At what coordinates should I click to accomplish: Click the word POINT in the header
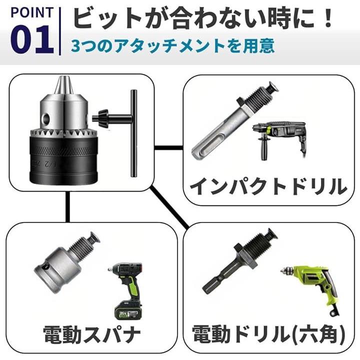[31, 12]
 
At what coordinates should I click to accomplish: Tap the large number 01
[32, 39]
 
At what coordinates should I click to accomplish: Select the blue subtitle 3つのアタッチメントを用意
[172, 46]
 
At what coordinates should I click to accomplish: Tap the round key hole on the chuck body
[46, 118]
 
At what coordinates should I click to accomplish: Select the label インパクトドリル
[268, 187]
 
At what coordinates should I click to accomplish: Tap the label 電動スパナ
[91, 334]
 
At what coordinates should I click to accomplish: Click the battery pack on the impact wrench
[127, 311]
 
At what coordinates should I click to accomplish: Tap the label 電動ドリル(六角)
[268, 334]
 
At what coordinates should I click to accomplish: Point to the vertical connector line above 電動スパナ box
[67, 206]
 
